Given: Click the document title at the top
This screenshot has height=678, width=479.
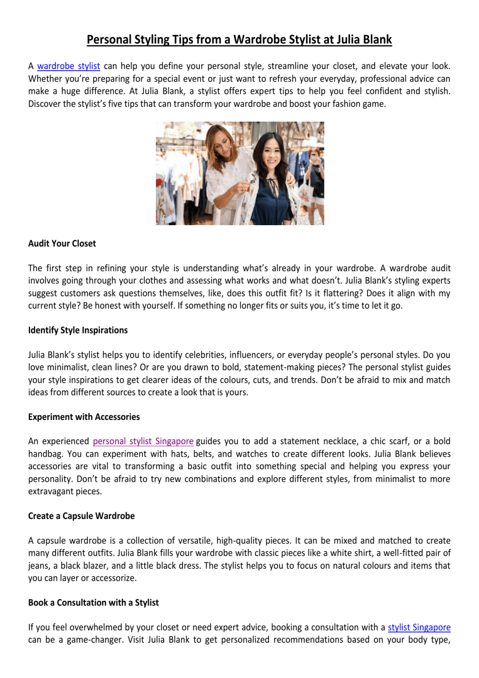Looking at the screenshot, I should [x=239, y=40].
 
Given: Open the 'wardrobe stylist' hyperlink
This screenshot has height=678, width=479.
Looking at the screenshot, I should [x=69, y=66].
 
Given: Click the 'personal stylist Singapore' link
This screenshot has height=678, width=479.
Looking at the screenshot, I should [x=143, y=441].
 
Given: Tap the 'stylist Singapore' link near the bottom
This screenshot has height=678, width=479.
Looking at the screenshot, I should [x=419, y=627].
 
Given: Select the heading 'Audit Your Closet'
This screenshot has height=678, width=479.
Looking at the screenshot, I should [x=62, y=244].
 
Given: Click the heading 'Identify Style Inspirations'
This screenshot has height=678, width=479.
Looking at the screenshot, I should [x=78, y=330].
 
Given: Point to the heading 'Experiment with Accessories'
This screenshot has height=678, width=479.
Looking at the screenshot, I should [x=84, y=417].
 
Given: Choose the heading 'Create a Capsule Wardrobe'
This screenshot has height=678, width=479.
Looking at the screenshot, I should [x=81, y=516].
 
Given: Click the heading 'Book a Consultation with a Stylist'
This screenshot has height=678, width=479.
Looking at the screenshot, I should [x=93, y=603].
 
